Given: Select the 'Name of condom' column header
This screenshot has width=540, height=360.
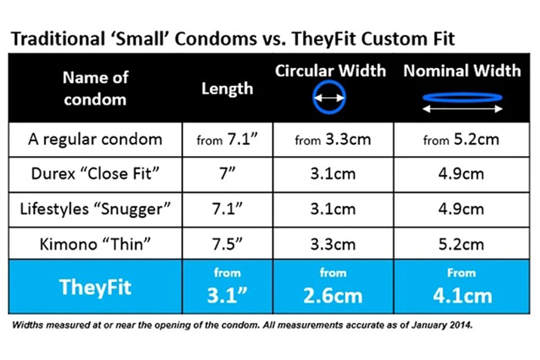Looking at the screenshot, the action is click(95, 88).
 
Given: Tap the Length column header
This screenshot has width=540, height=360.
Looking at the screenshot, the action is click(227, 89).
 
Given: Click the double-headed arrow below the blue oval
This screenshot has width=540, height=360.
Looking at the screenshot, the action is click(463, 109).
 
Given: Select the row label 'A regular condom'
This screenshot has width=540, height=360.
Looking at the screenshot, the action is click(95, 140).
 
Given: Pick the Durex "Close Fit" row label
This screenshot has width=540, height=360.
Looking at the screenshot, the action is click(95, 173).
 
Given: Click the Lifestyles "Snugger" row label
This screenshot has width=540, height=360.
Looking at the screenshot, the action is click(95, 209).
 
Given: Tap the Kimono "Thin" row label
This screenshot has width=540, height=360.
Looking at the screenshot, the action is click(95, 244).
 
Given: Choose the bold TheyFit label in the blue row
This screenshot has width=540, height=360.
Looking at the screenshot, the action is click(95, 287).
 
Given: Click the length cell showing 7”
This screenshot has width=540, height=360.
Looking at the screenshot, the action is click(227, 173).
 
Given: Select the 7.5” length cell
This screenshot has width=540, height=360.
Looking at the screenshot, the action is click(227, 244).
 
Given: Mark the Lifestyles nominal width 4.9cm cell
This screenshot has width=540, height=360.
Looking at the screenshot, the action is click(461, 209).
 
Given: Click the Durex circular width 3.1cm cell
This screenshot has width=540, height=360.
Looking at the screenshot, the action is click(332, 173).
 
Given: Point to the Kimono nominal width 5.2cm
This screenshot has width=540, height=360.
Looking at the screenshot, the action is click(461, 244).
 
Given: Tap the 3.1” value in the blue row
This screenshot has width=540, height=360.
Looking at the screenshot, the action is click(227, 295).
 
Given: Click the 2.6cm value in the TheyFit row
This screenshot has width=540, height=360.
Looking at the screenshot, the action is click(332, 296).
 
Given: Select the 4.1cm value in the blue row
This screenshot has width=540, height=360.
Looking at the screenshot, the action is click(463, 296).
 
